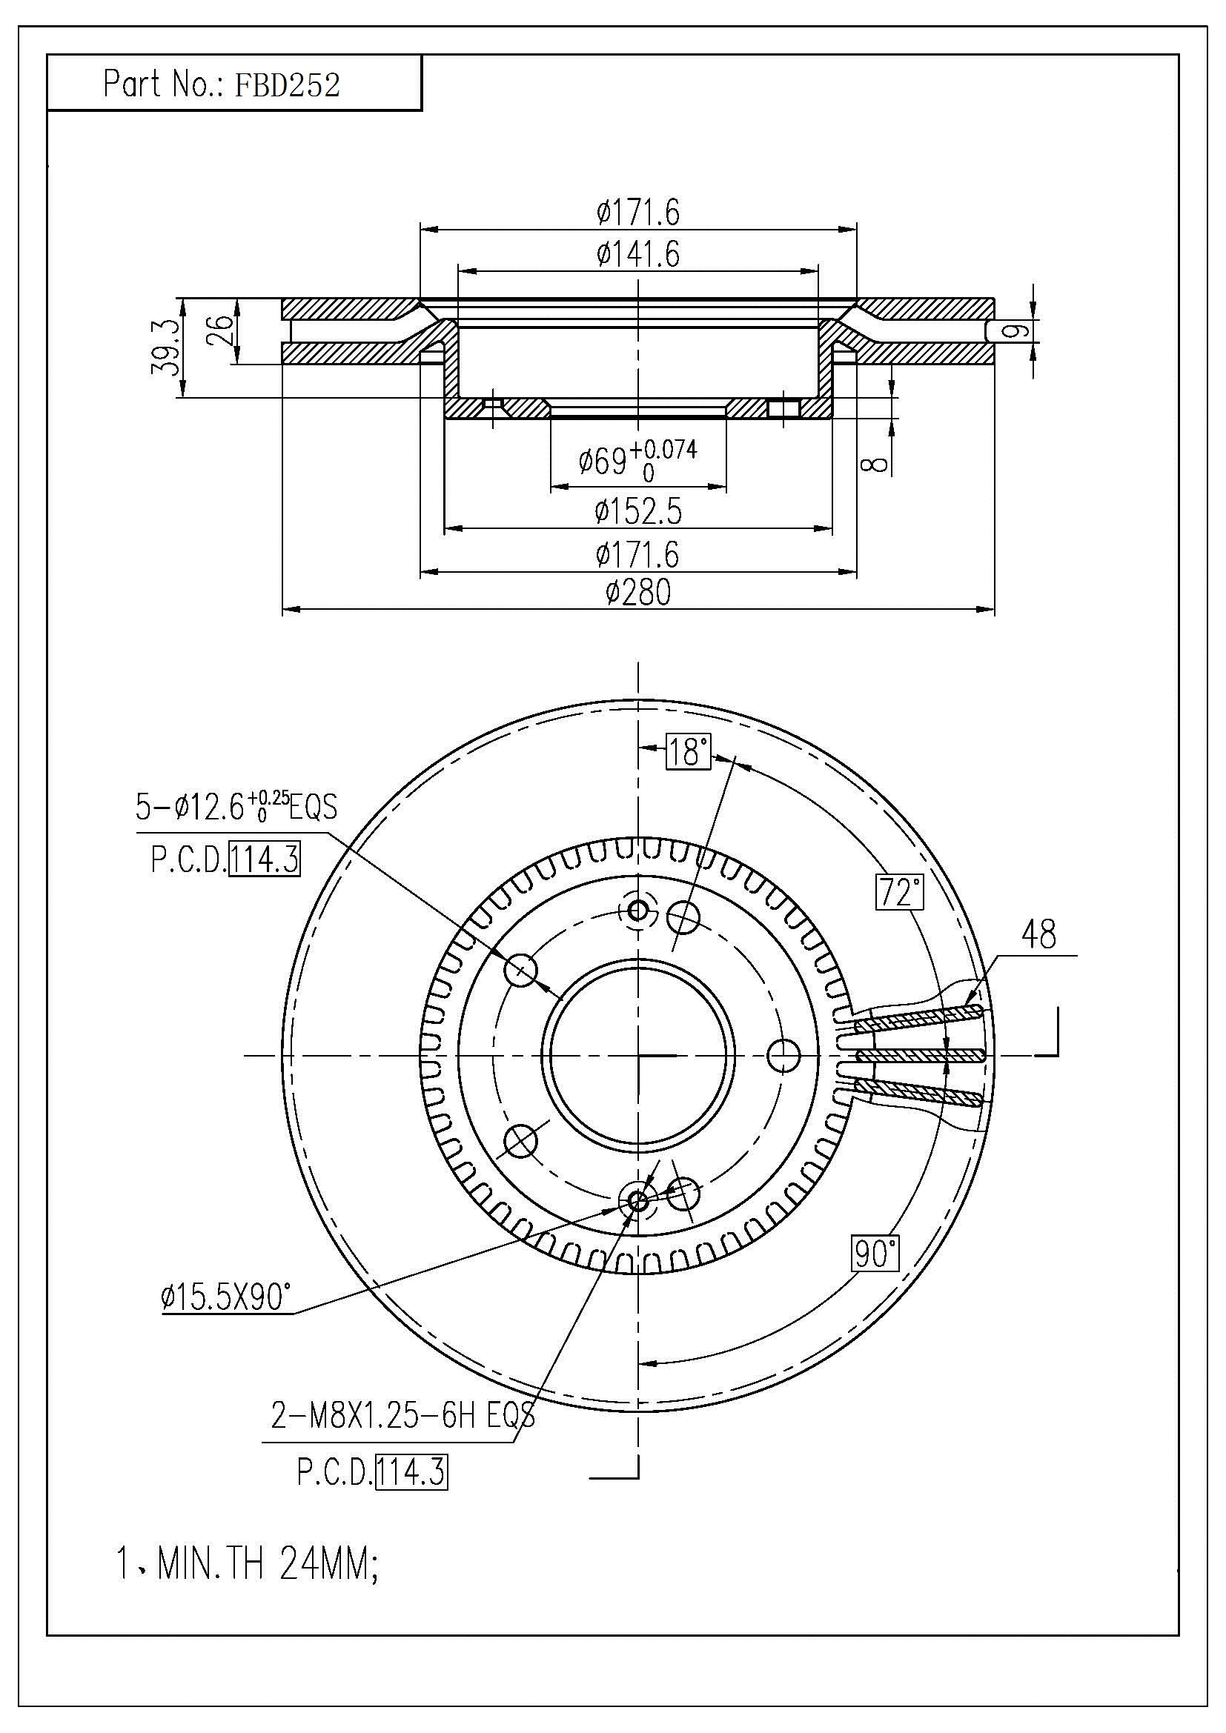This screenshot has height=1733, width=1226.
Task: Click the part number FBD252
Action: (287, 84)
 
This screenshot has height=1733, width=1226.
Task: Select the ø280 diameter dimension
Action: (638, 593)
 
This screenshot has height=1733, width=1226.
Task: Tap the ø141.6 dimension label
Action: (638, 254)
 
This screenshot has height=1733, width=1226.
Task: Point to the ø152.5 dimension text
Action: (638, 512)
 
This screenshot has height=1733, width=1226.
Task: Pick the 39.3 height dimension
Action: (165, 347)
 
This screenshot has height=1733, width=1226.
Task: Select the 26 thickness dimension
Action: (219, 330)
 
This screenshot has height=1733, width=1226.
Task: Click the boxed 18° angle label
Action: (688, 752)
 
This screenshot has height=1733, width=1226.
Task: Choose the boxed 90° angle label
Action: (875, 1254)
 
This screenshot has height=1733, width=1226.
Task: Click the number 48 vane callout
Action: (1038, 935)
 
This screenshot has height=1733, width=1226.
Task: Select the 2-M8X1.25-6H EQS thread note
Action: (402, 1417)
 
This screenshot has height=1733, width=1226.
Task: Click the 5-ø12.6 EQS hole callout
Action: (236, 808)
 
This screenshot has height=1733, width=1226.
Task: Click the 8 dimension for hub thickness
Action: (875, 459)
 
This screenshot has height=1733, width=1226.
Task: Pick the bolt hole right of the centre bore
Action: (783, 1054)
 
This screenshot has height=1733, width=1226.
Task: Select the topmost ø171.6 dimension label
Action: (638, 213)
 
